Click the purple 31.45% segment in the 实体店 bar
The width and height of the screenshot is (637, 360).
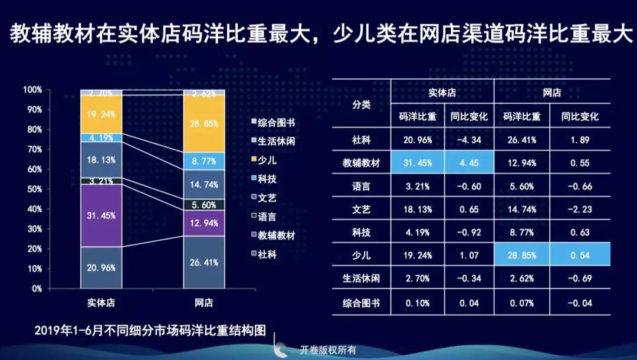pos(101,215)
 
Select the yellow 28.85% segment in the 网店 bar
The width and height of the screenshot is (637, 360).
pos(203,124)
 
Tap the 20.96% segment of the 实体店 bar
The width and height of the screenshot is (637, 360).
pos(101,267)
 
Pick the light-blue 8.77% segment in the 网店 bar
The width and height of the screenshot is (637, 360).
pos(203,161)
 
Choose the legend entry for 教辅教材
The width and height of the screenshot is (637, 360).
pos(273,236)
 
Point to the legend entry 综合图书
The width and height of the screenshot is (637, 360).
pos(273,122)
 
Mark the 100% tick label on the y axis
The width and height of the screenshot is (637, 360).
pos(32,90)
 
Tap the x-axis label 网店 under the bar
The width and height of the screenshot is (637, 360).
pos(203,303)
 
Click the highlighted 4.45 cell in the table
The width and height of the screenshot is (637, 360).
pos(468,162)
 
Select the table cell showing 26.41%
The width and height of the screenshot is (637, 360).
pos(521,140)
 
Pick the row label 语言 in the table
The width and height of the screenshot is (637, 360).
pos(361,186)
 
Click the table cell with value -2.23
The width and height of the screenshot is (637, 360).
pos(580,209)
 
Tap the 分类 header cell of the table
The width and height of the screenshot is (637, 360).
pos(361,104)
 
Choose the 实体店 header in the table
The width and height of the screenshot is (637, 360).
pos(442,93)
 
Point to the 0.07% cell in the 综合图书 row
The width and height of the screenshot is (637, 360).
pos(521,303)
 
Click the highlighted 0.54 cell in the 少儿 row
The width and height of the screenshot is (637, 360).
pos(580,256)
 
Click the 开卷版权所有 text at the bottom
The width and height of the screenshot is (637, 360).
pos(328,350)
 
